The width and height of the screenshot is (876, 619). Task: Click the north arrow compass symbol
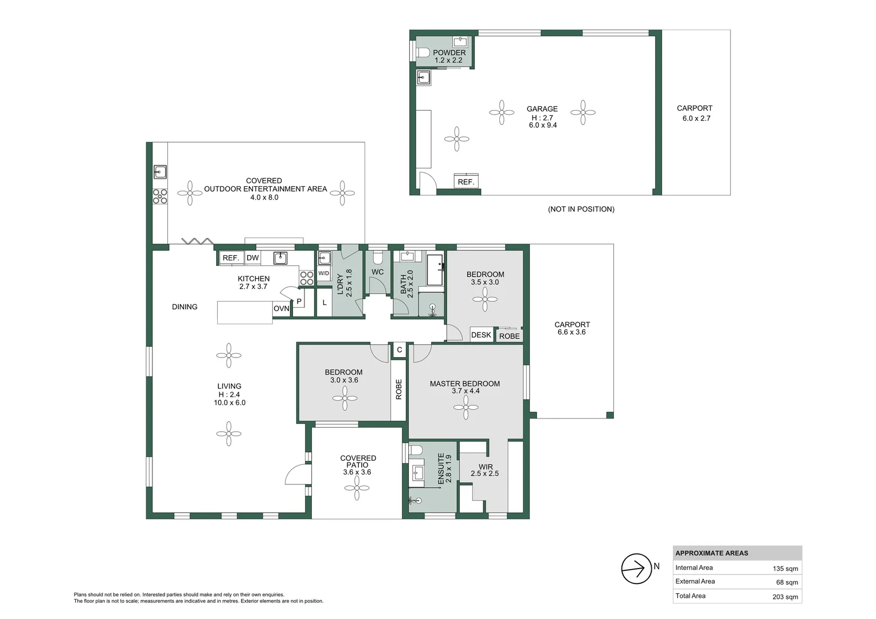click(x=636, y=569)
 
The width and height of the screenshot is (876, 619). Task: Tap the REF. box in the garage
click(x=466, y=182)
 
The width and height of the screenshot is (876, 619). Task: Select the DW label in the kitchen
click(x=253, y=258)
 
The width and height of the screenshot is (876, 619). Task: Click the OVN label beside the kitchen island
click(x=281, y=308)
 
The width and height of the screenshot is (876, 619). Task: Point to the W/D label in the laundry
click(x=324, y=273)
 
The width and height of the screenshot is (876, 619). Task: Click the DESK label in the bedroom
click(x=481, y=335)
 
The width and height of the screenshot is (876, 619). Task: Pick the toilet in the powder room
click(x=424, y=53)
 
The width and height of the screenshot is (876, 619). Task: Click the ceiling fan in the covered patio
click(x=357, y=488)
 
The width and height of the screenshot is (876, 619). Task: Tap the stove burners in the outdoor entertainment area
click(x=160, y=196)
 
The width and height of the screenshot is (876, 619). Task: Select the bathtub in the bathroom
click(x=436, y=270)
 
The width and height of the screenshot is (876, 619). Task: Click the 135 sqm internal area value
click(x=785, y=569)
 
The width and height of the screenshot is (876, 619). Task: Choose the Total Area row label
click(x=690, y=596)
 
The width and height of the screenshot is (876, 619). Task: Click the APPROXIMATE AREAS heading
click(x=711, y=553)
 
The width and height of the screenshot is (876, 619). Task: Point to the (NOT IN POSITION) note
click(x=581, y=209)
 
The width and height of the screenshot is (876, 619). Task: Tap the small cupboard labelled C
click(x=399, y=350)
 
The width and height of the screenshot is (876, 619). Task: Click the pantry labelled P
click(x=299, y=301)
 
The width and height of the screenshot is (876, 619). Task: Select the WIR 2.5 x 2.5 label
click(x=485, y=470)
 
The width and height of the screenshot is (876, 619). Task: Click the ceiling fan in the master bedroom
click(x=466, y=408)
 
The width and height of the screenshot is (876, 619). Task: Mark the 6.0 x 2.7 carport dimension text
click(x=696, y=118)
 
